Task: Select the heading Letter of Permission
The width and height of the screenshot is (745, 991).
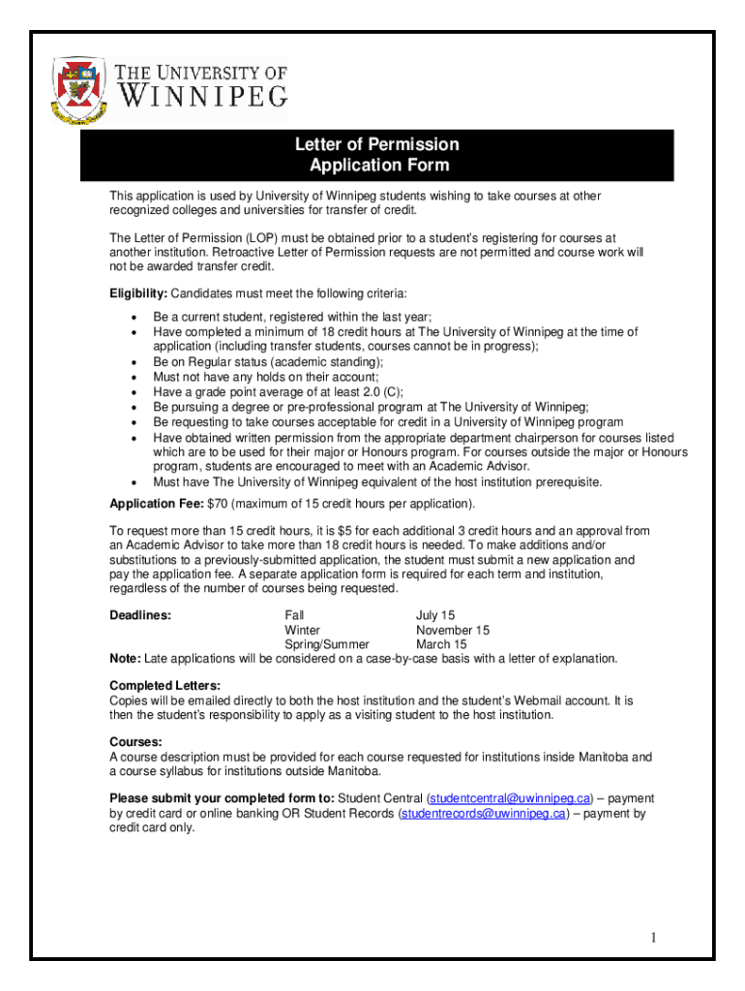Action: point(376,145)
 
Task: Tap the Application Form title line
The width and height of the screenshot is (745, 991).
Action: point(378,165)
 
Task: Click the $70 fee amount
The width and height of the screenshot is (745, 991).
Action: point(218,504)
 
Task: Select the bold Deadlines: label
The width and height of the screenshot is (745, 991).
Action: point(141,616)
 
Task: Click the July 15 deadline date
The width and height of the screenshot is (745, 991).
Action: point(435,616)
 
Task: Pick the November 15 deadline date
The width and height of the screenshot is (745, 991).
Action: point(453,630)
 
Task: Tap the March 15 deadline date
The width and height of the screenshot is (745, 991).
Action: point(441,645)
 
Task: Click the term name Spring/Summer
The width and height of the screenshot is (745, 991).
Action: point(327,645)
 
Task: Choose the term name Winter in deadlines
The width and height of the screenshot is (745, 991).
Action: point(302,630)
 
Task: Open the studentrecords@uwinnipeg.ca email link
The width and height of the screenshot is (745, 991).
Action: point(484,814)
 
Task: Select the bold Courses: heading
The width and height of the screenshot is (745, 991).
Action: point(135,742)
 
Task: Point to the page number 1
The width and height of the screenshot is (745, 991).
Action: point(654,938)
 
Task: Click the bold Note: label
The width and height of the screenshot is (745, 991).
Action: point(125,659)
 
